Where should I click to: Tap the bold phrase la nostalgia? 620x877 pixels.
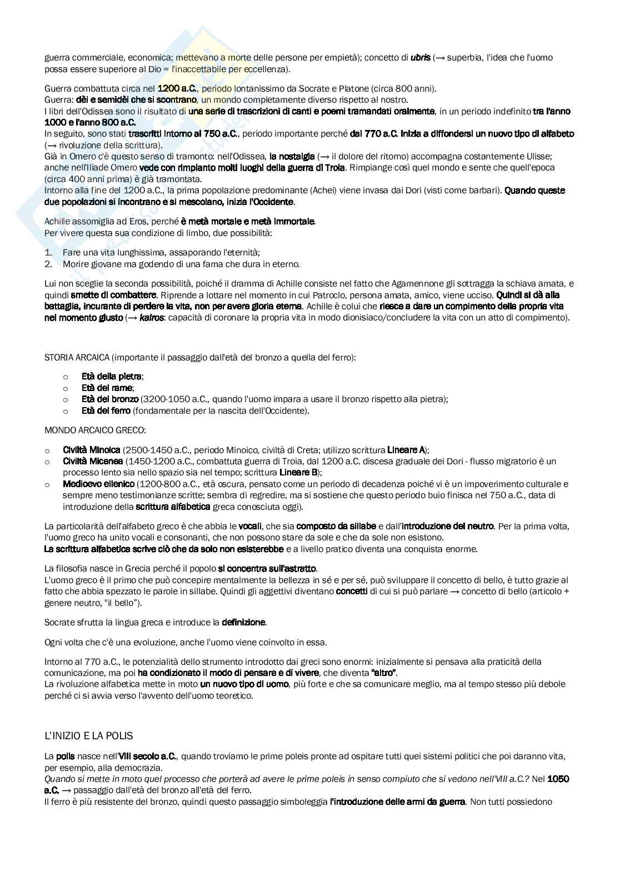[x=292, y=157]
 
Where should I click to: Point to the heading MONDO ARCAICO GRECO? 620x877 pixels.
[x=95, y=430]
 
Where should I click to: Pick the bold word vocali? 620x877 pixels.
[x=253, y=526]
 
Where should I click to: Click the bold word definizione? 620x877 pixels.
[x=243, y=623]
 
